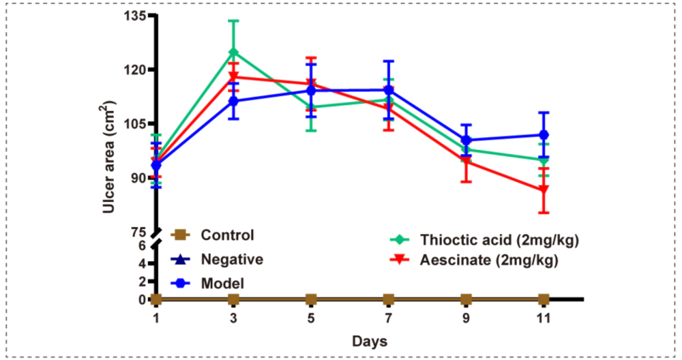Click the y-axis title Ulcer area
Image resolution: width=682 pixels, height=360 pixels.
click(x=109, y=157)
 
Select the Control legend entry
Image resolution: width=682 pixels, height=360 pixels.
click(x=228, y=235)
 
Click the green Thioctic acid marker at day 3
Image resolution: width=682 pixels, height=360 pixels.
click(x=233, y=52)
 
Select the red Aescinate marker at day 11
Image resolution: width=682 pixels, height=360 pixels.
click(x=544, y=190)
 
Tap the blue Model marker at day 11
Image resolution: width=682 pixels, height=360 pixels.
click(x=544, y=135)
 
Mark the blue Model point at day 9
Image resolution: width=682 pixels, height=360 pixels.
click(x=466, y=140)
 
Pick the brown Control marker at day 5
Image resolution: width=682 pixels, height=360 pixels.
click(x=311, y=299)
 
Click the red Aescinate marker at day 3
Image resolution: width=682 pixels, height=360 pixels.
click(x=233, y=76)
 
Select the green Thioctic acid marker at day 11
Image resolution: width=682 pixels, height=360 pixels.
click(x=544, y=160)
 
